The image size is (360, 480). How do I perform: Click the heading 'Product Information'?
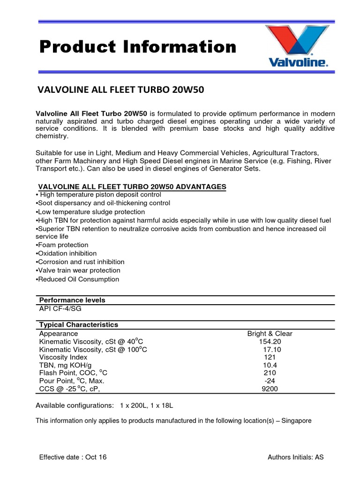click(x=138, y=47)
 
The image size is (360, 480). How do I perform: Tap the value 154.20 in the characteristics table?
click(x=270, y=342)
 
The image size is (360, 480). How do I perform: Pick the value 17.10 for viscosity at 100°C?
click(x=272, y=350)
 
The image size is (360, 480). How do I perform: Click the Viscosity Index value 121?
click(x=270, y=357)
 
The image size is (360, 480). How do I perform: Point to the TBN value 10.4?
click(x=270, y=365)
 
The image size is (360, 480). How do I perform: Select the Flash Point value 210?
click(x=270, y=373)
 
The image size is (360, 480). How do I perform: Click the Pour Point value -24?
click(x=270, y=381)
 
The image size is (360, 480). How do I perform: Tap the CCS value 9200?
click(x=270, y=389)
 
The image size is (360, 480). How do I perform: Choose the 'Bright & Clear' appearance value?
click(x=270, y=334)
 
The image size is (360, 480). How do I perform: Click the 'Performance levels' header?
click(x=72, y=300)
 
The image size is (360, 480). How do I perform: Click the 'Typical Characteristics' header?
click(x=78, y=325)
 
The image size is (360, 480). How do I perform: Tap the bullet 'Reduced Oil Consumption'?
click(x=78, y=279)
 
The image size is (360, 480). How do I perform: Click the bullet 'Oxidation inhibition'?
click(x=67, y=254)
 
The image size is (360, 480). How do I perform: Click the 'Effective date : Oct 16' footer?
click(x=73, y=457)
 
